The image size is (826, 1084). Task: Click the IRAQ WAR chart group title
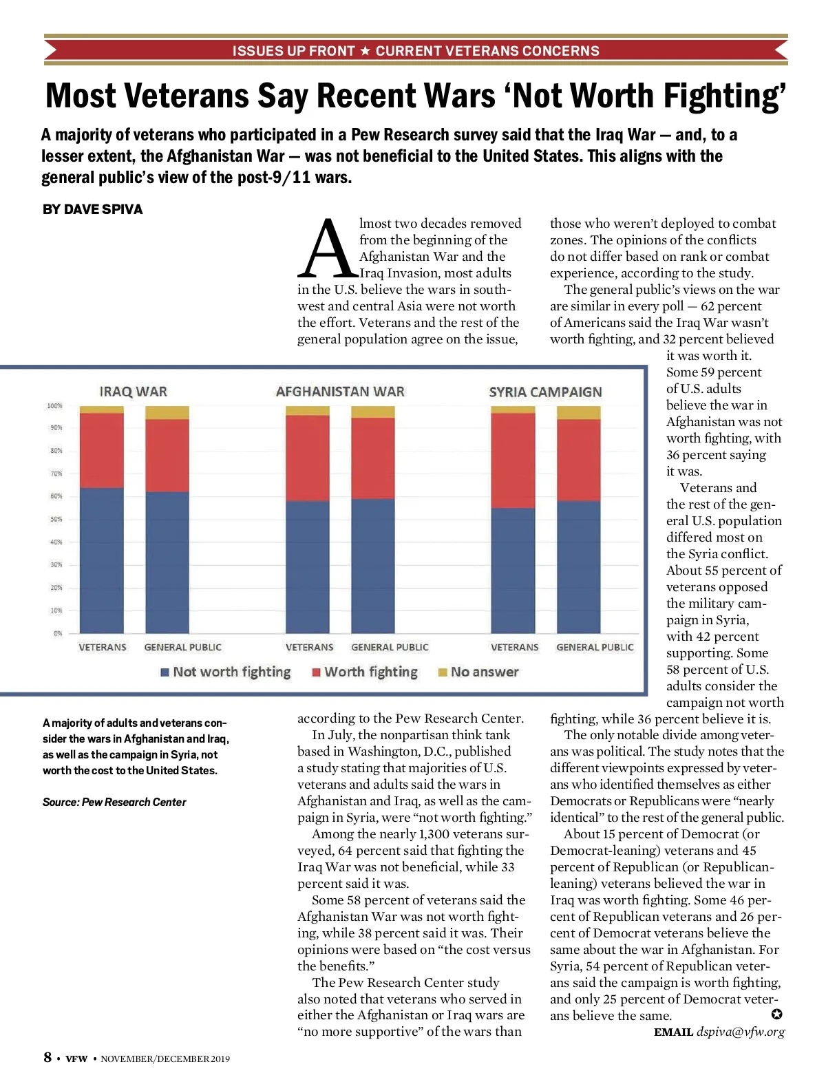point(134,392)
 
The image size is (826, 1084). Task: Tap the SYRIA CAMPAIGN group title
point(545,392)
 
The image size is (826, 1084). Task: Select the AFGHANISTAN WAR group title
point(340,392)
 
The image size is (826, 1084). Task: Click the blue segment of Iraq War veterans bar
point(102,560)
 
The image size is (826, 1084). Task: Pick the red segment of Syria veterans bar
point(513,460)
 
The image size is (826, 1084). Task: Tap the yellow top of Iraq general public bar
point(167,413)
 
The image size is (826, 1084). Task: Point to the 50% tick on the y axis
point(56,519)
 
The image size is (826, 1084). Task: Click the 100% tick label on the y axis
point(54,406)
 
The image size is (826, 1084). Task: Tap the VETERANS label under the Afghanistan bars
point(309,647)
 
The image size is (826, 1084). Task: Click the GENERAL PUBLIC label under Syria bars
point(595,647)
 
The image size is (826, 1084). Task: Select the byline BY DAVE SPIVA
point(92,209)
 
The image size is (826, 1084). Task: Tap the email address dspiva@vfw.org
point(741,1032)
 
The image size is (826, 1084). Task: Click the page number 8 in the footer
point(47,1057)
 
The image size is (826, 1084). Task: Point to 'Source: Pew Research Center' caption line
point(114,802)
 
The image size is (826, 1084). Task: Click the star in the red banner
point(365,50)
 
